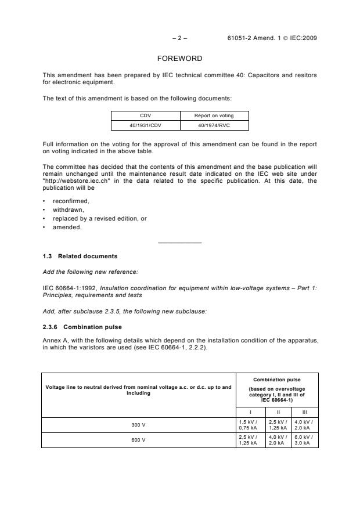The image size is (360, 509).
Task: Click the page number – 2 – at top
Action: (180, 38)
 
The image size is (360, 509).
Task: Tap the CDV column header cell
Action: (145, 115)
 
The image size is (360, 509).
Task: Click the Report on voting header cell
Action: (214, 115)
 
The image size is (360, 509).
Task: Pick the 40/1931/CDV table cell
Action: (145, 125)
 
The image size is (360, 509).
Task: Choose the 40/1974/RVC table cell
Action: (214, 125)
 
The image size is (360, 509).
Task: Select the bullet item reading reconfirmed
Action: (71, 201)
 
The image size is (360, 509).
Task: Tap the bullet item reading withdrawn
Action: (69, 210)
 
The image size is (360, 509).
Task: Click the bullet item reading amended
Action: (67, 228)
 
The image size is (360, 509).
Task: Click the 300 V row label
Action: (139, 425)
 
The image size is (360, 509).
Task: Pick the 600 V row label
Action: (139, 439)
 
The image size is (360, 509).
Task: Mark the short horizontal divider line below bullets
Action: (179, 242)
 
